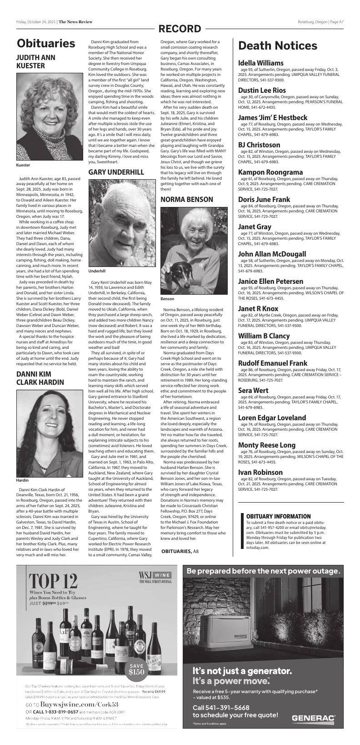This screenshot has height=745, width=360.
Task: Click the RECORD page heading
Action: (180, 29)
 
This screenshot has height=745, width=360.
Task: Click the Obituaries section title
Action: (46, 44)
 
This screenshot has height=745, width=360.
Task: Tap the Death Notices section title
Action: (277, 46)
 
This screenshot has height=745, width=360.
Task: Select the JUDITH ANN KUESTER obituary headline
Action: (37, 61)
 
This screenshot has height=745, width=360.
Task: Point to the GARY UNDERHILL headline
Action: (116, 172)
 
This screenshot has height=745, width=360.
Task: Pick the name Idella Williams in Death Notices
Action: (260, 63)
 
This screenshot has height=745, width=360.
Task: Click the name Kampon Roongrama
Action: (270, 172)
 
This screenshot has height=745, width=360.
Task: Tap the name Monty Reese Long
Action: (266, 445)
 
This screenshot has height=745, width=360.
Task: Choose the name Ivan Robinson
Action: (260, 473)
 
